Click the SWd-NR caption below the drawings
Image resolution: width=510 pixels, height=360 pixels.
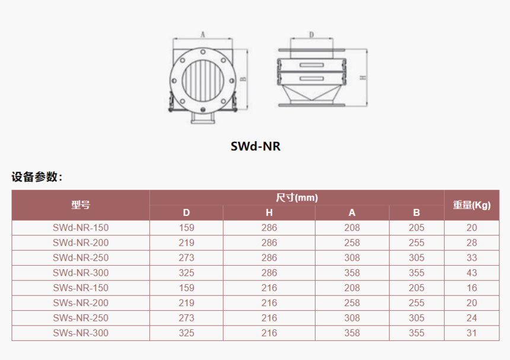256,146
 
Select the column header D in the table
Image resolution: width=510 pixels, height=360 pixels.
186,213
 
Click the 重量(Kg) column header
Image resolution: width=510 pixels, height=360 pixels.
471,205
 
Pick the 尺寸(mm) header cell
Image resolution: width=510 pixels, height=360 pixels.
297,197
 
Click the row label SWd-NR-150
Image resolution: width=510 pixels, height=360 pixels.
81,228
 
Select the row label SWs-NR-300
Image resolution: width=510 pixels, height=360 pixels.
81,333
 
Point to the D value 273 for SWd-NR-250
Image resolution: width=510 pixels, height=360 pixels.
186,257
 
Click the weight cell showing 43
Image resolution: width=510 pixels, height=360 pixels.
471,273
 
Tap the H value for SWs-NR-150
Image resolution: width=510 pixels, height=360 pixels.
269,288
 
